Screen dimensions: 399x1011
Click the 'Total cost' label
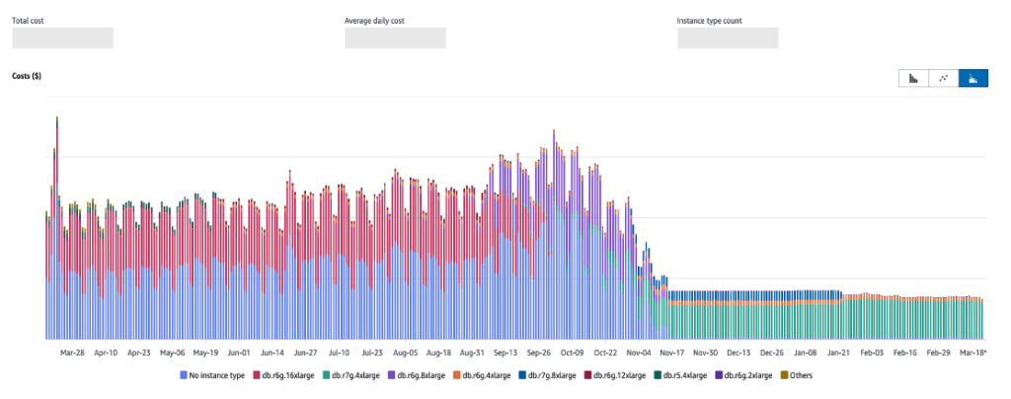pyautogui.click(x=29, y=20)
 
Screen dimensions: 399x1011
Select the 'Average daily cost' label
pyautogui.click(x=375, y=20)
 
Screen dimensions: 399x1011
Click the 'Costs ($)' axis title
pyautogui.click(x=27, y=75)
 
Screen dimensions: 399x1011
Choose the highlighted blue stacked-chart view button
pyautogui.click(x=975, y=78)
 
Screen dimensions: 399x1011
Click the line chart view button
pyautogui.click(x=944, y=78)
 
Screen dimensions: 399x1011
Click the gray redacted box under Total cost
pyautogui.click(x=62, y=38)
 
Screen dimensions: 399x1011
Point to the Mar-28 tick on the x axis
pyautogui.click(x=72, y=352)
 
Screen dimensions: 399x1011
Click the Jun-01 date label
pyautogui.click(x=238, y=352)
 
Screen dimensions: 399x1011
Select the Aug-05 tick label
pyautogui.click(x=407, y=352)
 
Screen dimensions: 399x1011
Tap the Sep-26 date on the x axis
pyautogui.click(x=538, y=352)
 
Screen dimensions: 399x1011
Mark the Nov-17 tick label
pyautogui.click(x=671, y=352)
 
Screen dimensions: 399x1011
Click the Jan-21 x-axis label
pyautogui.click(x=838, y=352)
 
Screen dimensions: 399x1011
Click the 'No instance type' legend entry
pyautogui.click(x=212, y=375)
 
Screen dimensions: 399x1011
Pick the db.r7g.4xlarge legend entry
pyautogui.click(x=356, y=375)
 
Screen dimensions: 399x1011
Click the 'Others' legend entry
pyautogui.click(x=796, y=375)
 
